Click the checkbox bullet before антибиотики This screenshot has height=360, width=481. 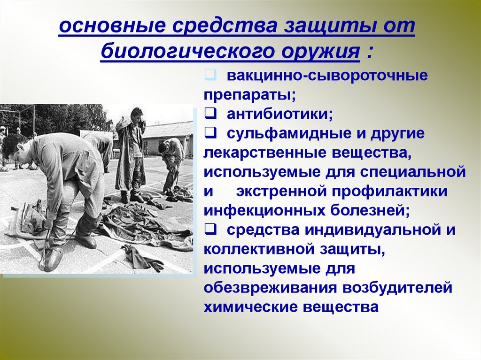pos(209,114)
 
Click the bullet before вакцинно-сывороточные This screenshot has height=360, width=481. pos(209,75)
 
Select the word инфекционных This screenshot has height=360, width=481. pos(264,211)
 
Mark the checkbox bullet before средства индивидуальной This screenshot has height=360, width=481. pos(209,230)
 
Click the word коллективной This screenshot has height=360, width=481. pos(259,250)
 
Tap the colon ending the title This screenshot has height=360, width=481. pos(369,52)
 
